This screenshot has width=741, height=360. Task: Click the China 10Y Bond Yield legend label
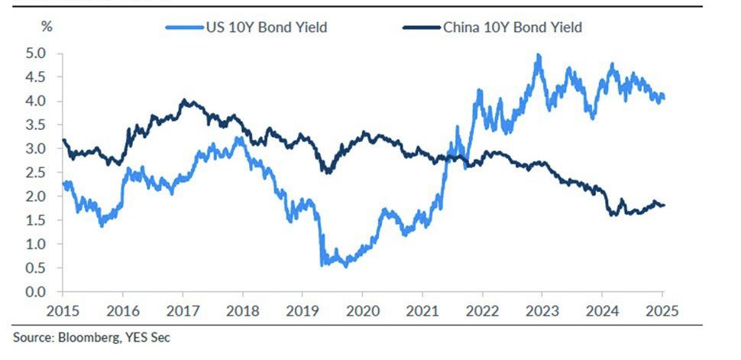point(513,28)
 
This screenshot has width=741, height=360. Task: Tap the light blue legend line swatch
point(183,28)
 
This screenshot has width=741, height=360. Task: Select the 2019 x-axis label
point(301,312)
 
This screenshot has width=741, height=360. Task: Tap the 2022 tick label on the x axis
point(482,312)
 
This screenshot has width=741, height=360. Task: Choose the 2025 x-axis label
point(662,312)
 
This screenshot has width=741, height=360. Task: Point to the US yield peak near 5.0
point(539,56)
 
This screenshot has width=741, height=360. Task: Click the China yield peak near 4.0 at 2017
point(183,100)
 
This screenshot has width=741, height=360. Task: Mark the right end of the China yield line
point(663,205)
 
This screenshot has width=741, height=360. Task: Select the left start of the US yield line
point(63,182)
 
